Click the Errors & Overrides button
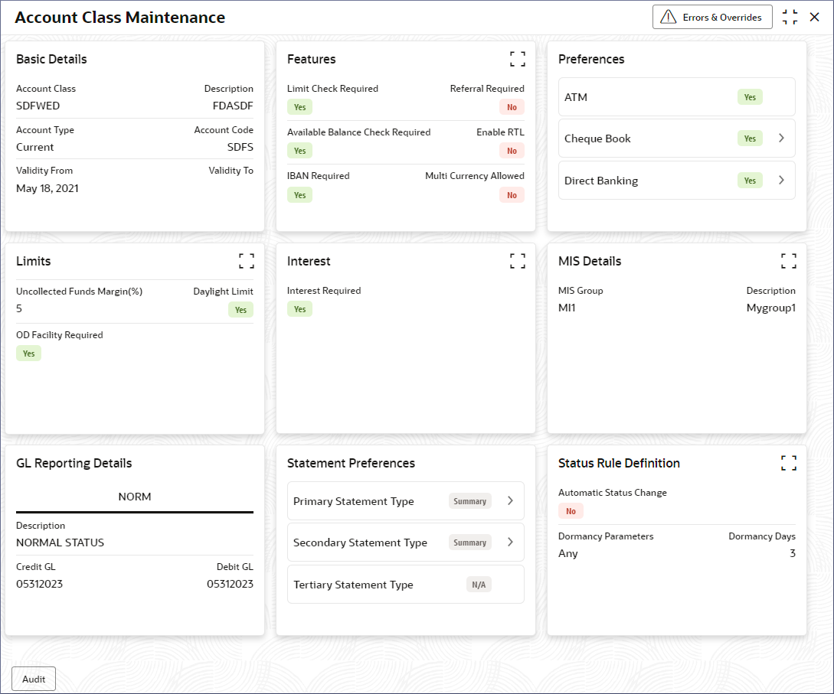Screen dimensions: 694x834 tap(712, 17)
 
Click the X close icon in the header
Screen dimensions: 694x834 tap(814, 17)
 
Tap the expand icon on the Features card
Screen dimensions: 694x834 tap(518, 59)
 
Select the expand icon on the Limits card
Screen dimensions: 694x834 tap(247, 261)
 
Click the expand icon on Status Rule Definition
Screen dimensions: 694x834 tap(789, 463)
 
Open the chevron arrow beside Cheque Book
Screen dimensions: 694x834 tap(781, 138)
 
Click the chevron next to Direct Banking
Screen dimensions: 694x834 tap(781, 181)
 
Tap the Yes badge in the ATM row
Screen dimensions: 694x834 tap(750, 97)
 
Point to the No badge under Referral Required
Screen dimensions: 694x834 tap(512, 107)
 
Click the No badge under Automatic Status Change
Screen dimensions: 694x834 tap(571, 511)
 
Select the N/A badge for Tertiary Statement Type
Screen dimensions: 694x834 tap(479, 585)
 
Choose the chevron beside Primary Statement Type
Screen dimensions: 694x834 tap(510, 501)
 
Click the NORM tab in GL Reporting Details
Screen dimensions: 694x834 tap(135, 497)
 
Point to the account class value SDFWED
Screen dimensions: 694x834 tap(38, 106)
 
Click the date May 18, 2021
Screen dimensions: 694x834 tap(47, 188)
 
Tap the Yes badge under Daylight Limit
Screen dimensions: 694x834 tap(240, 310)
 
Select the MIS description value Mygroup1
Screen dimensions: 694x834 tap(770, 308)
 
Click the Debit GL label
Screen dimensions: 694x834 tap(234, 567)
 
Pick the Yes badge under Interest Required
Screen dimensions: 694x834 tap(299, 309)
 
